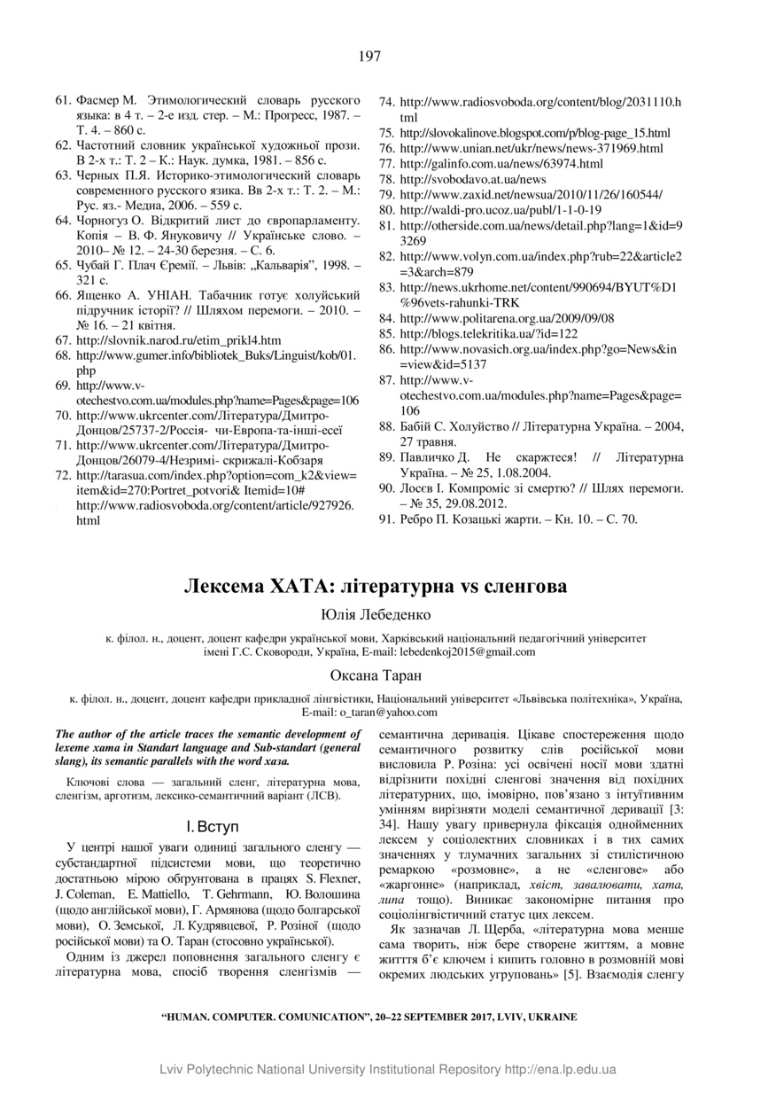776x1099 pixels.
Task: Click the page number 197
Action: tap(370, 57)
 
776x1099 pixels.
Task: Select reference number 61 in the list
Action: tap(63, 94)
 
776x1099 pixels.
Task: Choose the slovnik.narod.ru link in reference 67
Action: tap(179, 339)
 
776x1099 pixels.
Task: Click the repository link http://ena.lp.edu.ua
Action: tap(560, 1070)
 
